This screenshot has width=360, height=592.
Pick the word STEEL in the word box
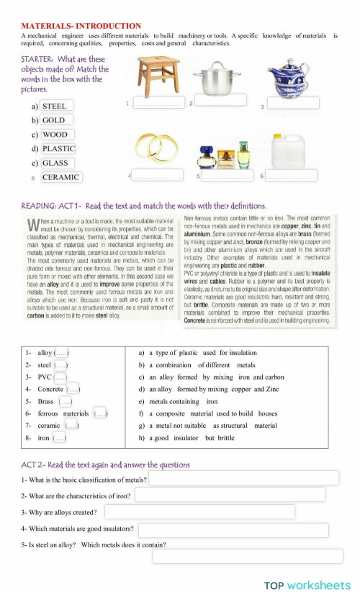(55, 106)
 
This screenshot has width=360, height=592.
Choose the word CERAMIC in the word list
(61, 177)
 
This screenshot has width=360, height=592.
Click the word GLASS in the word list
(55, 163)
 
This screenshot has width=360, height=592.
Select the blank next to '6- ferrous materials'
(101, 413)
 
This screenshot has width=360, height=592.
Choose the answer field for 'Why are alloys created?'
(199, 511)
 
